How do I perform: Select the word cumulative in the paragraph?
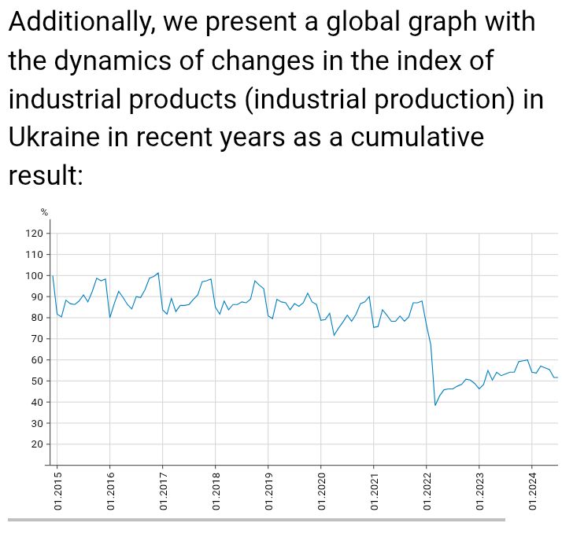point(416,137)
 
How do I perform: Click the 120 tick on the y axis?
point(35,234)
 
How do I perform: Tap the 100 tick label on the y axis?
point(35,276)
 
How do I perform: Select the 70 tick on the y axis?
point(37,339)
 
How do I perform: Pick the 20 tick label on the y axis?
point(37,444)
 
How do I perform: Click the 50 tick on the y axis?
point(37,381)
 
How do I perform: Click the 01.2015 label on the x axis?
point(58,492)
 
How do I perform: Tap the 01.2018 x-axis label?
point(216,492)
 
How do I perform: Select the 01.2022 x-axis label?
point(427,492)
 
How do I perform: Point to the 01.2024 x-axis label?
point(532,492)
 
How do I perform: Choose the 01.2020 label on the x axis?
point(321,492)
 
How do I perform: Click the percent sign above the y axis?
point(44,212)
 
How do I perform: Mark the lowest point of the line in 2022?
point(435,405)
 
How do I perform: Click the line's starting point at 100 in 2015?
point(53,276)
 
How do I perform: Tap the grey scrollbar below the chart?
point(256,519)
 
